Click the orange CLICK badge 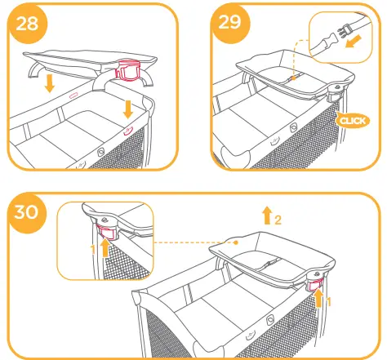point(353,120)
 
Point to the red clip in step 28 point(131,69)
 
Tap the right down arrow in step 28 point(128,108)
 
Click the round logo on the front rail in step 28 point(100,150)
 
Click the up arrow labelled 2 point(267,216)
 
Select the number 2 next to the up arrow point(278,220)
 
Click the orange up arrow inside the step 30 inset point(105,247)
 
